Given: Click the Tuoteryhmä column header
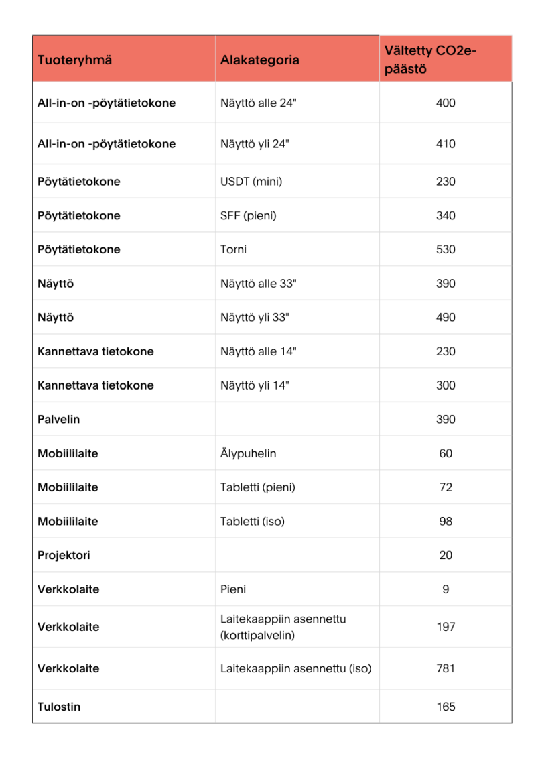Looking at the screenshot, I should (74, 60).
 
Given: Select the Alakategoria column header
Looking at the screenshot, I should (260, 60).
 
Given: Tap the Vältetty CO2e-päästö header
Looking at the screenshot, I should (431, 60).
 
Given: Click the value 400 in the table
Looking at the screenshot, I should (446, 103).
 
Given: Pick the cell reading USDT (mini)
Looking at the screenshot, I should (251, 182).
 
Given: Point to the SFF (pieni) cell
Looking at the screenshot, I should (249, 216).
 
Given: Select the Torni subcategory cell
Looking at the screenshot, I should (234, 249).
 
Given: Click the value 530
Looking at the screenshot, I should (446, 249).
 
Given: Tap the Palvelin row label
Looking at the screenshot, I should (59, 420).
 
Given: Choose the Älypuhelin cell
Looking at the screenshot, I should (249, 454).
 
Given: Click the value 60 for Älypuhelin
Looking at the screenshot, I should (446, 454).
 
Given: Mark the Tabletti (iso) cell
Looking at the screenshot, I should (253, 522).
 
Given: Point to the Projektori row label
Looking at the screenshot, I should (64, 556).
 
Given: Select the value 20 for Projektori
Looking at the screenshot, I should (446, 556).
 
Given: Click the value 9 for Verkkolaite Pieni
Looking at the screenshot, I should (446, 590).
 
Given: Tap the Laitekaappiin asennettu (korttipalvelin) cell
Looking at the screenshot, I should (283, 628).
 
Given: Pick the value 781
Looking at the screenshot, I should (446, 669).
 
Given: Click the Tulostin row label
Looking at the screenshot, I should (59, 707).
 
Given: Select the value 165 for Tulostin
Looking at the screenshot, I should (446, 707).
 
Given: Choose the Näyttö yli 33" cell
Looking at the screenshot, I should (255, 318).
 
